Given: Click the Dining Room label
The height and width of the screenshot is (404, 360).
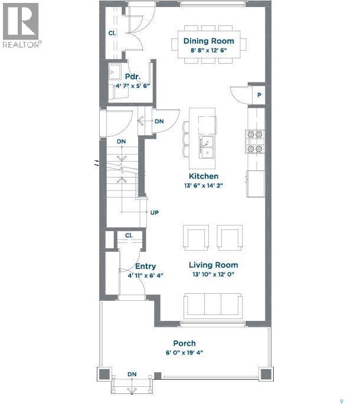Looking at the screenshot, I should click(208, 41).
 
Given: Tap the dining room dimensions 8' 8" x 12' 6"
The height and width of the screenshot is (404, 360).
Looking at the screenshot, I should click(208, 51).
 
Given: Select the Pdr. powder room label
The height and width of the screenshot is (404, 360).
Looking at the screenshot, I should click(132, 77).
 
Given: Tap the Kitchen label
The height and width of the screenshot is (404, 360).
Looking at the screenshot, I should click(204, 176).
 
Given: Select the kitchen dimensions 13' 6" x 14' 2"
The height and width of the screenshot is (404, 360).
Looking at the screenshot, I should click(204, 186).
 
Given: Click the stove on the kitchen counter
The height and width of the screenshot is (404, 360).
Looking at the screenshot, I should click(255, 142).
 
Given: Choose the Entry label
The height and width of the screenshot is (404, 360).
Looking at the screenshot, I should click(146, 267).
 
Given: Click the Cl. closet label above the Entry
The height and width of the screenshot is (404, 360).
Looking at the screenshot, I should click(129, 235).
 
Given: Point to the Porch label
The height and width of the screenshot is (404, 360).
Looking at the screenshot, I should click(184, 343).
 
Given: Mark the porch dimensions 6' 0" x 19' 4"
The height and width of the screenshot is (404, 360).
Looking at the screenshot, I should click(184, 353).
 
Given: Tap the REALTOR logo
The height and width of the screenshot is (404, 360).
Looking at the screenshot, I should click(21, 25).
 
